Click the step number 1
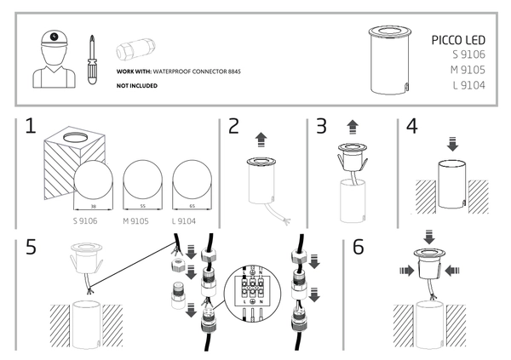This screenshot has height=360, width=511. (30, 128)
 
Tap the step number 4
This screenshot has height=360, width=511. (412, 128)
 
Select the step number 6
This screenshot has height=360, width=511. (359, 248)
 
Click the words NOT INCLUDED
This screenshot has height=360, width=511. (136, 87)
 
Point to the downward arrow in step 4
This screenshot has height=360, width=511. (452, 145)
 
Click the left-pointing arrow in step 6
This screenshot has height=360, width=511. (451, 271)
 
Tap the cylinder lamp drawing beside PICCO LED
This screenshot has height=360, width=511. (387, 62)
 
